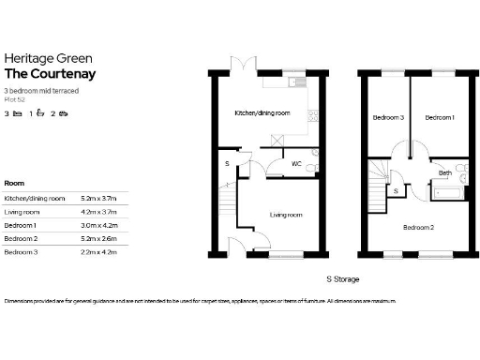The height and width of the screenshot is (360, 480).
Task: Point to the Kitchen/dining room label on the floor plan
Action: pyautogui.click(x=262, y=112)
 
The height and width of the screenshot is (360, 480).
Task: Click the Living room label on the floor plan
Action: pyautogui.click(x=286, y=215)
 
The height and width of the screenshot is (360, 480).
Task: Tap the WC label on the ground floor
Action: pyautogui.click(x=296, y=164)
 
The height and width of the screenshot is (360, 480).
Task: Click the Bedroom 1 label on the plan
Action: pyautogui.click(x=440, y=118)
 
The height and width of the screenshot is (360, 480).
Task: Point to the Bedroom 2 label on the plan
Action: pyautogui.click(x=418, y=227)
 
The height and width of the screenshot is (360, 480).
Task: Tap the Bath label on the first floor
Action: pyautogui.click(x=446, y=172)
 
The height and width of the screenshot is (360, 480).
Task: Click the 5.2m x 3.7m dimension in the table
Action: pyautogui.click(x=98, y=199)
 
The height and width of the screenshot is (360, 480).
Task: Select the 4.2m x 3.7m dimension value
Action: pyautogui.click(x=98, y=213)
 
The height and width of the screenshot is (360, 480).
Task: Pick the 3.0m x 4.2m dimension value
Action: pyautogui.click(x=98, y=226)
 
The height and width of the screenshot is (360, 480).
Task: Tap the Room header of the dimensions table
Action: pyautogui.click(x=15, y=183)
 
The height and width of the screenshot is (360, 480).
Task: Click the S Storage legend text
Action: pyautogui.click(x=342, y=279)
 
